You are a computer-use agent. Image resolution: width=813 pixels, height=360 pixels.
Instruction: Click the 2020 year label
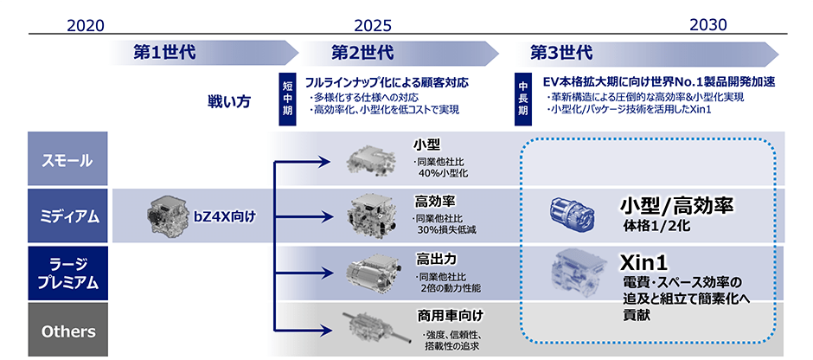point(86,25)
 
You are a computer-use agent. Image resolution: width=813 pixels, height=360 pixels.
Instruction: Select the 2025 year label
point(373,25)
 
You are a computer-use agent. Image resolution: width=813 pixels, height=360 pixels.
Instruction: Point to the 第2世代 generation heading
point(362,54)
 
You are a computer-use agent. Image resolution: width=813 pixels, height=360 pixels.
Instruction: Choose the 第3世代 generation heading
point(561,54)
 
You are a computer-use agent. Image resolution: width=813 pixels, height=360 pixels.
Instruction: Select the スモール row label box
point(67,158)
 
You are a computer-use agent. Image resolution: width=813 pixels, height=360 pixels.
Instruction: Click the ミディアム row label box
point(67,215)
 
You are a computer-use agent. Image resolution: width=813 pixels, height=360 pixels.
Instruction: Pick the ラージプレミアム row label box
point(67,273)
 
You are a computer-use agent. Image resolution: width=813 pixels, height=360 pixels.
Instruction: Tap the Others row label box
point(67,330)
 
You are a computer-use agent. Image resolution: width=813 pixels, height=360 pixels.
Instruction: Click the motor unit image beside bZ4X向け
point(165,215)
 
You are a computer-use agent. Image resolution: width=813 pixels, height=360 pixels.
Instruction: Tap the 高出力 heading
point(436,258)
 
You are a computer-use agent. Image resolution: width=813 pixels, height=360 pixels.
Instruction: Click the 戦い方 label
point(228,101)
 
